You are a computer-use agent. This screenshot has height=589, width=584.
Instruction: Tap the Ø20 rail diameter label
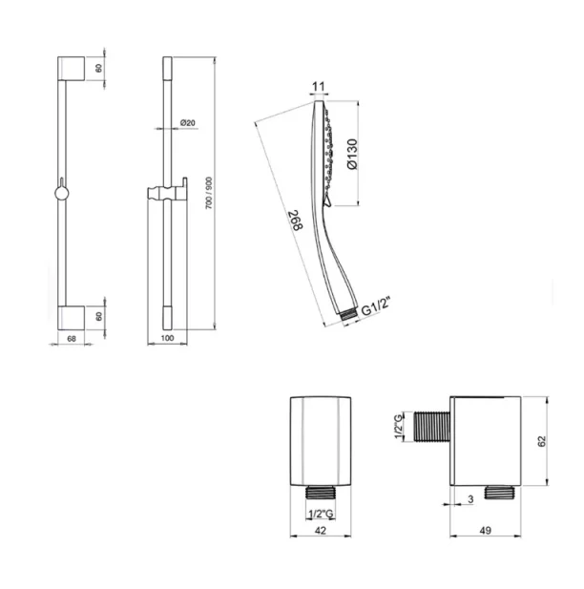click(x=187, y=124)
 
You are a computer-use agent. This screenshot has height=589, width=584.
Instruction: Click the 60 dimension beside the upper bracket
click(x=98, y=70)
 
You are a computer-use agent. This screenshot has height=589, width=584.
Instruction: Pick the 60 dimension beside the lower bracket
click(x=98, y=316)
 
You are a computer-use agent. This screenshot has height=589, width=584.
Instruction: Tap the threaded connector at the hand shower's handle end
click(x=349, y=312)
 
